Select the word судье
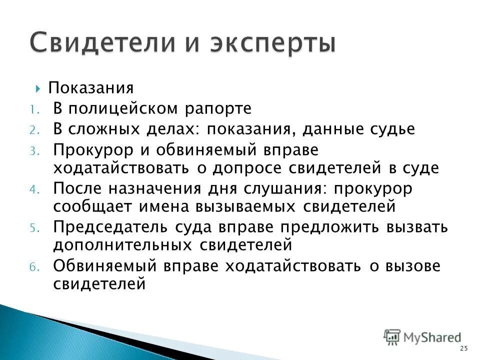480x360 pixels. point(391,129)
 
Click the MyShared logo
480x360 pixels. point(423,337)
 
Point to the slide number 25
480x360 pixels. point(463,348)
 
